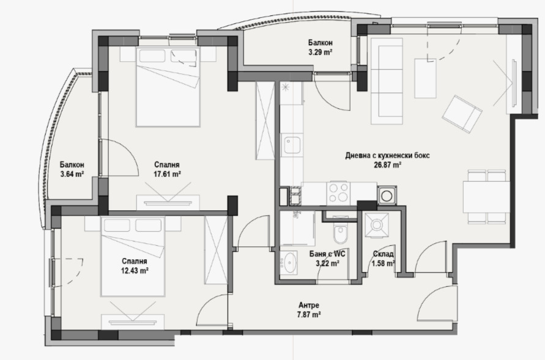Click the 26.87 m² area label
click(x=388, y=164)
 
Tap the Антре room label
click(x=308, y=306)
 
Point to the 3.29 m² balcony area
click(x=320, y=52)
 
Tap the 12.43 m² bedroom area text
click(x=136, y=270)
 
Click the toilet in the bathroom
click(x=341, y=235)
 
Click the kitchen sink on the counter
click(x=291, y=146)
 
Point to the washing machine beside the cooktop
click(x=387, y=196)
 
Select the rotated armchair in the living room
click(x=464, y=114)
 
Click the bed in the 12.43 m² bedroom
click(x=134, y=256)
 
